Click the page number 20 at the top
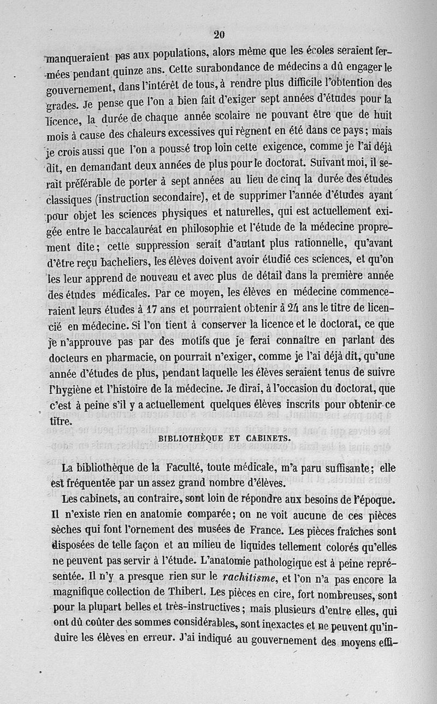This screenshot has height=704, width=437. pyautogui.click(x=219, y=35)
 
